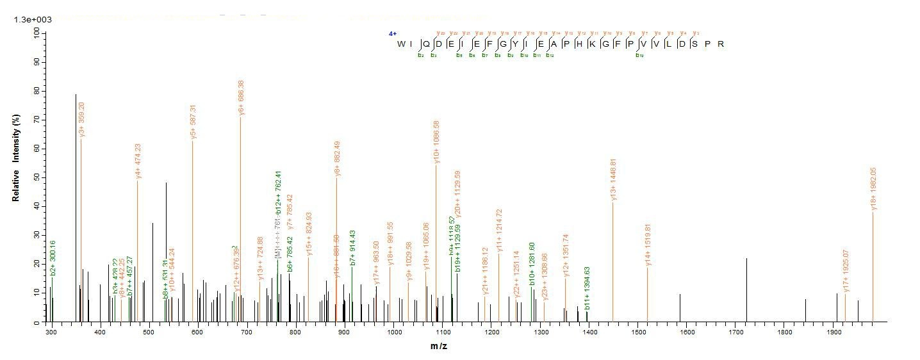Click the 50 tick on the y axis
(x=38, y=177)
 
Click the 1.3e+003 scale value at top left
(x=33, y=20)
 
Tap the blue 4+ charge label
(x=393, y=33)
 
